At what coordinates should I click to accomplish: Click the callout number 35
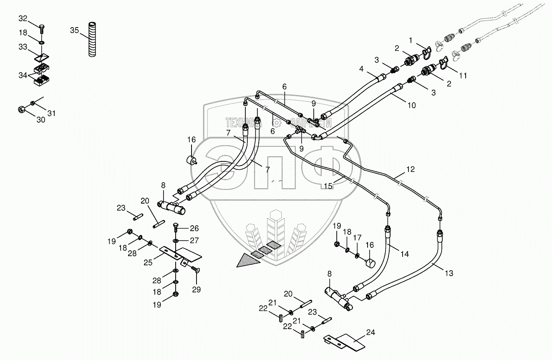(x=74, y=30)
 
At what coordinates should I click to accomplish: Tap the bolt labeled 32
(x=42, y=28)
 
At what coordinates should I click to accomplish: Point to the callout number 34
(x=23, y=75)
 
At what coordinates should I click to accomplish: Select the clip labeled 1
(x=428, y=53)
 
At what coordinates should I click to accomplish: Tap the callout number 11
(x=463, y=76)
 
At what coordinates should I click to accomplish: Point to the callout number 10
(x=411, y=106)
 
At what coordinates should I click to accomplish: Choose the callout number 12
(x=411, y=169)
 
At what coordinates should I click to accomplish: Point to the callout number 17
(x=357, y=238)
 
